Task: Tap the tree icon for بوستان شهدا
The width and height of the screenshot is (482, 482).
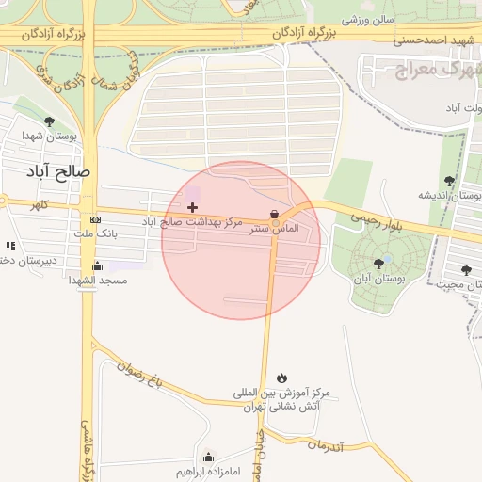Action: pyautogui.click(x=49, y=122)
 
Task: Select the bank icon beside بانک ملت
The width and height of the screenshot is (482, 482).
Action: pyautogui.click(x=96, y=219)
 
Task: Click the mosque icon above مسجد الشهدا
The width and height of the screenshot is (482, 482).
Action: pyautogui.click(x=98, y=265)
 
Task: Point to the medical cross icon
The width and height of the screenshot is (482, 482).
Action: pyautogui.click(x=193, y=207)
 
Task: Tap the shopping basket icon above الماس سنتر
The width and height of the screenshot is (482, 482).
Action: pyautogui.click(x=274, y=214)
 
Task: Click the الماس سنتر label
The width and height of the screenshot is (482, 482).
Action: pyautogui.click(x=274, y=229)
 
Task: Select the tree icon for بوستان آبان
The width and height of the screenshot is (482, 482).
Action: pyautogui.click(x=378, y=264)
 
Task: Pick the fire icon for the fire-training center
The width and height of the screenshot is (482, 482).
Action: pyautogui.click(x=283, y=378)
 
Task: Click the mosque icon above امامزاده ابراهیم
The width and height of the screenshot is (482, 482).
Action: pyautogui.click(x=209, y=457)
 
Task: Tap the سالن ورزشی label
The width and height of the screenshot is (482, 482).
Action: pyautogui.click(x=367, y=19)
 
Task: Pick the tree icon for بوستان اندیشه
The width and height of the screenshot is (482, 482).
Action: pyautogui.click(x=449, y=181)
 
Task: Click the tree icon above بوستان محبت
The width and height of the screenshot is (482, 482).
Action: pyautogui.click(x=466, y=270)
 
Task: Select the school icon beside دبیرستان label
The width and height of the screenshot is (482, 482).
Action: pyautogui.click(x=10, y=247)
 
